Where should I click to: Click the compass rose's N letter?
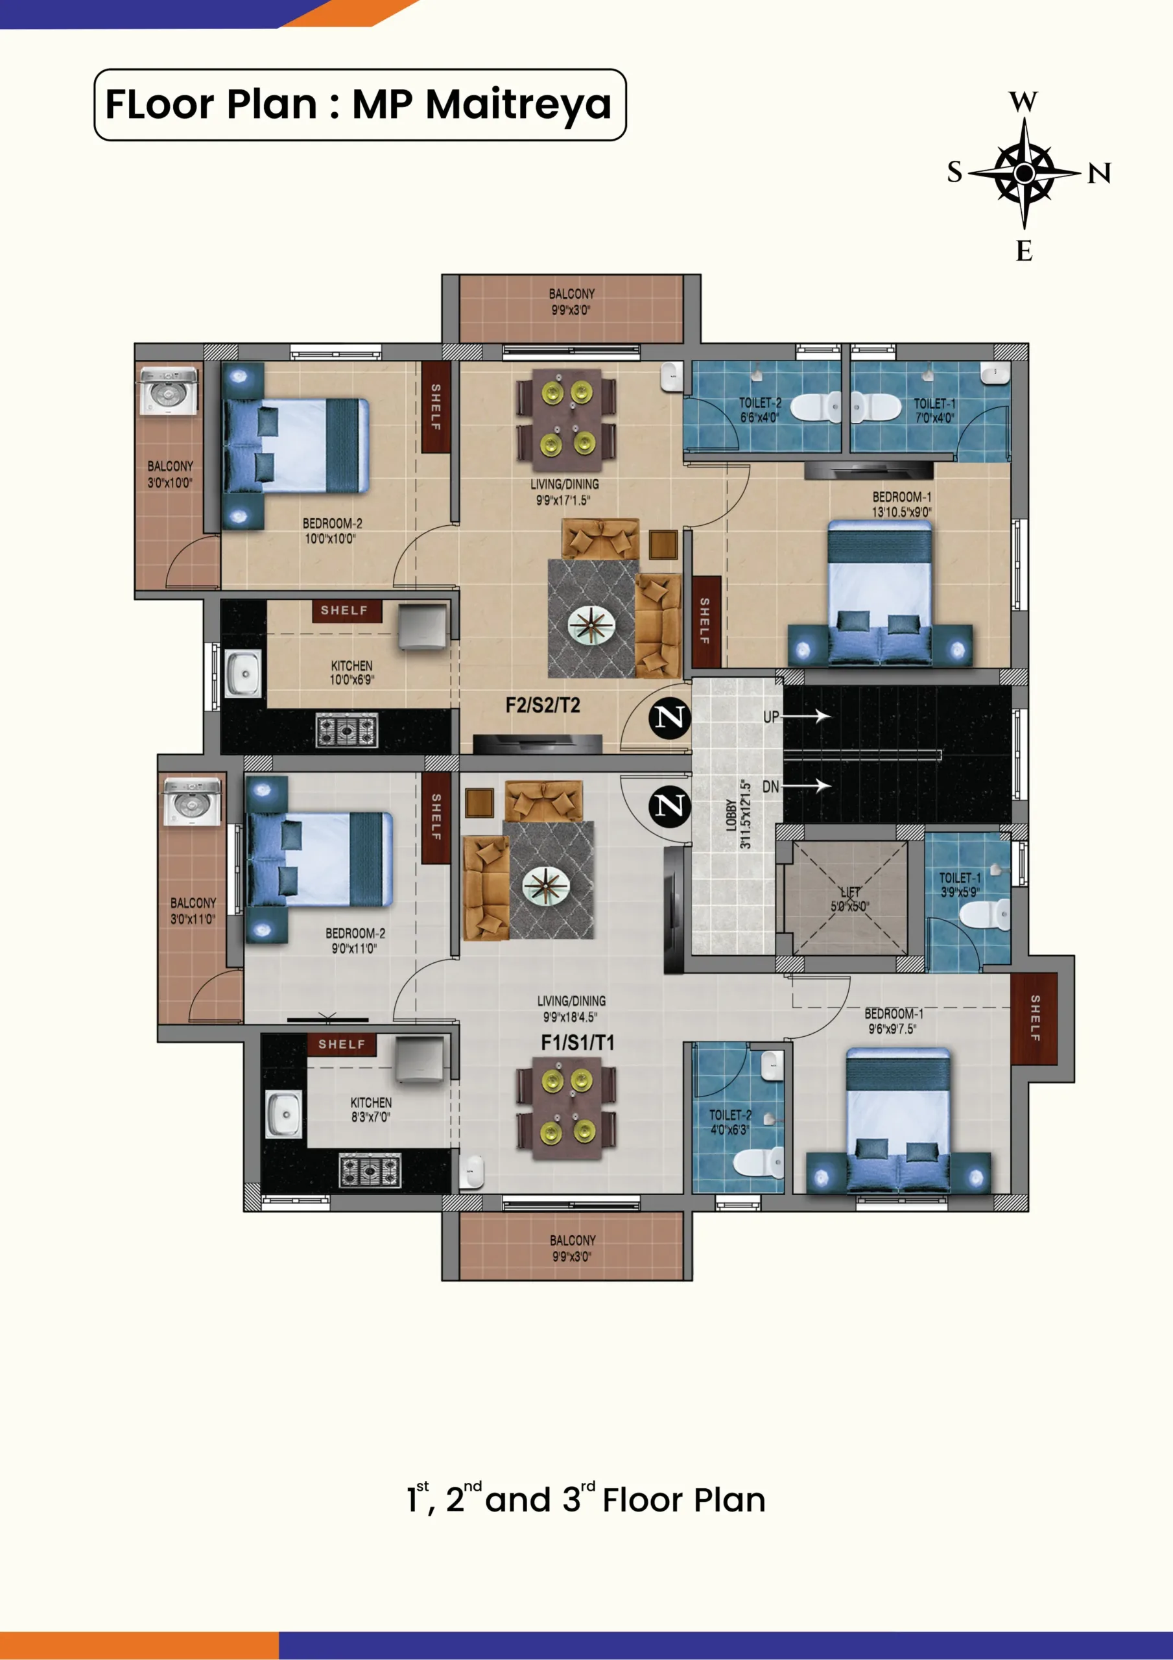pos(1099,174)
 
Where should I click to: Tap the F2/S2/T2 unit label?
pos(542,705)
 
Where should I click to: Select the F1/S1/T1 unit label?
pos(578,1042)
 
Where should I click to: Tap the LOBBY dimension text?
pos(746,814)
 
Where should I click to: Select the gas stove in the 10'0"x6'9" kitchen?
pos(347,730)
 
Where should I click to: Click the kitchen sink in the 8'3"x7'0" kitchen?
pos(284,1113)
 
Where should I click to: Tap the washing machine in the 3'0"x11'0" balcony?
pos(192,801)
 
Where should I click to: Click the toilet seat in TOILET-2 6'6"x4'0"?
pos(816,407)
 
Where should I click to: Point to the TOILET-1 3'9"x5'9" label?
pos(960,885)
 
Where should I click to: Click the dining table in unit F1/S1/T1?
pos(567,1108)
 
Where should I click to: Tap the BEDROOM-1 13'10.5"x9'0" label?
pos(901,504)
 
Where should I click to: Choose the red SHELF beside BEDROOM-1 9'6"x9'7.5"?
pos(1034,1019)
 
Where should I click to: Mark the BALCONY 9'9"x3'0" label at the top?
pos(571,302)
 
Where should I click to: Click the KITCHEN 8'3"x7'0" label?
pos(371,1109)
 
